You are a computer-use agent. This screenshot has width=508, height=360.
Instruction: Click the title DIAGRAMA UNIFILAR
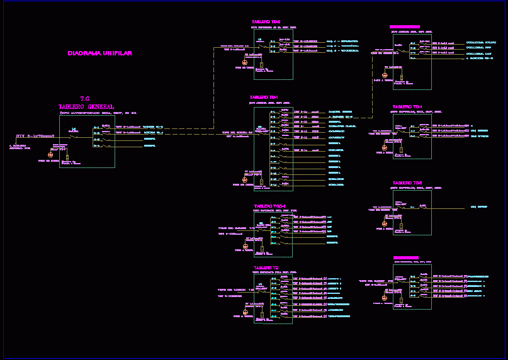pyautogui.click(x=100, y=53)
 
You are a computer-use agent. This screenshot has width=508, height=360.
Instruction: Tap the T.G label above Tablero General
pyautogui.click(x=85, y=99)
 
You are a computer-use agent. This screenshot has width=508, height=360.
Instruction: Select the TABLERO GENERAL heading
pyautogui.click(x=86, y=106)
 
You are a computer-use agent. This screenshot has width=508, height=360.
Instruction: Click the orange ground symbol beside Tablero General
pyautogui.click(x=52, y=154)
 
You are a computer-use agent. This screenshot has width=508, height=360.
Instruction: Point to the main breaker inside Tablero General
pyautogui.click(x=74, y=134)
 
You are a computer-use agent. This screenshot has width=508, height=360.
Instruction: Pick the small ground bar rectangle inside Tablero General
pyautogui.click(x=67, y=157)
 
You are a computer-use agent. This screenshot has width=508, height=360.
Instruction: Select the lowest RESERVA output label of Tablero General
pyautogui.click(x=150, y=146)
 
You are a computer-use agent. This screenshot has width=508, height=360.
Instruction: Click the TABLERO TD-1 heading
pyautogui.click(x=264, y=98)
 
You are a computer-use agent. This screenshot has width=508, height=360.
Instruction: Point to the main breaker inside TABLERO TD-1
pyautogui.click(x=261, y=132)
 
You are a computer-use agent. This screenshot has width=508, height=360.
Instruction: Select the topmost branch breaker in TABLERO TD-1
pyautogui.click(x=285, y=111)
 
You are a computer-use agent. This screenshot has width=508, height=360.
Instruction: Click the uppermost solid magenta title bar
pyautogui.click(x=405, y=27)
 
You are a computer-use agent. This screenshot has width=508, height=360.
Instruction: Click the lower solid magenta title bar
pyautogui.click(x=406, y=257)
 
